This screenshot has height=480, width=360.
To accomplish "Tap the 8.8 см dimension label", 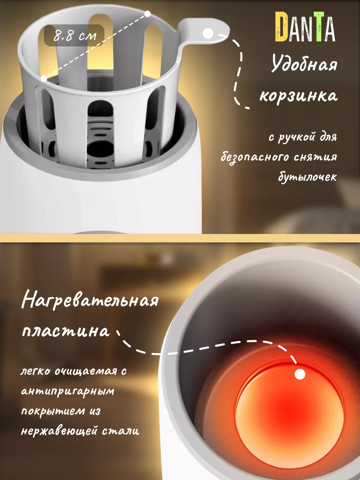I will coord(75,36).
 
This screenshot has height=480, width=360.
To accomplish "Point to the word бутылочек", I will coord(307,177).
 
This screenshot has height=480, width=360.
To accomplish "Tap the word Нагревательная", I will coord(90,301).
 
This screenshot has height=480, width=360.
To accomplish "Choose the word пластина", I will coord(65,332).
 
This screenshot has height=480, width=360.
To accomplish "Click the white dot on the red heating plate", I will coord(300,374).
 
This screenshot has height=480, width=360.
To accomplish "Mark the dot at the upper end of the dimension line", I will coord(147,14).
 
